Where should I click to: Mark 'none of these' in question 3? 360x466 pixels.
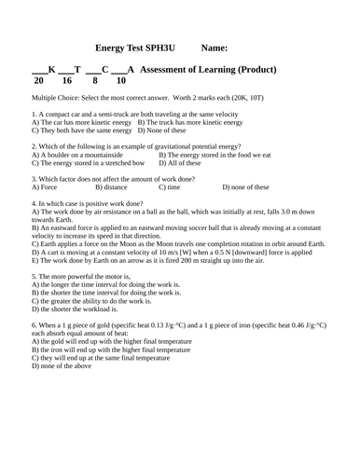pyautogui.click(x=247, y=187)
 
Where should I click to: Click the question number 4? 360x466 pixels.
pyautogui.click(x=34, y=203)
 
